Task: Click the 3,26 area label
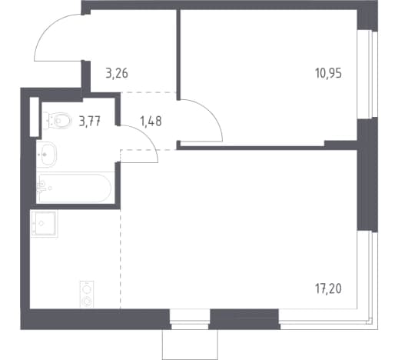[x=117, y=74]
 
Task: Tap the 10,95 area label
[x=328, y=74]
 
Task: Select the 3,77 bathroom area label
[x=90, y=121]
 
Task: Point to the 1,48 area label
[x=151, y=121]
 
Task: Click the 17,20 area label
[x=328, y=289]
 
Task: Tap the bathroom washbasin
[x=47, y=155]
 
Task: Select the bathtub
[x=75, y=188]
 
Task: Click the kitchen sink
[x=44, y=224]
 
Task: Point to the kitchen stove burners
[x=87, y=294]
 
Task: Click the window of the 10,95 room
[x=367, y=75]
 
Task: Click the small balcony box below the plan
[x=190, y=345]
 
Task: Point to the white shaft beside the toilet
[x=35, y=117]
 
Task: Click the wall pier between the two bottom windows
[x=244, y=319]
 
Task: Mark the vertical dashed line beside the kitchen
[x=121, y=259]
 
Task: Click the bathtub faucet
[x=41, y=187]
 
